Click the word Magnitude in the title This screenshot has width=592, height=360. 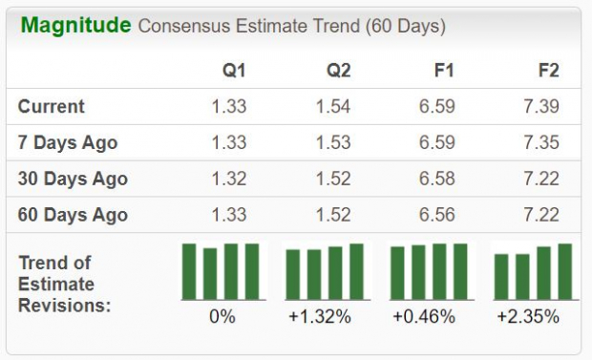pyautogui.click(x=75, y=25)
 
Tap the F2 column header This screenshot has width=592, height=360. pyautogui.click(x=548, y=71)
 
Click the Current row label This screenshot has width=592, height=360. pyautogui.click(x=52, y=107)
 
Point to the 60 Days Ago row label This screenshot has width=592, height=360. pyautogui.click(x=73, y=215)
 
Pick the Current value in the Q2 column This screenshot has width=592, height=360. pyautogui.click(x=334, y=107)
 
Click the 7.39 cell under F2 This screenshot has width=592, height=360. pyautogui.click(x=541, y=107)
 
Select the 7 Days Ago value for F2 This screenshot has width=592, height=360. pyautogui.click(x=541, y=143)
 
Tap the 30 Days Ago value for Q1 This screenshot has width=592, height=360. pyautogui.click(x=229, y=179)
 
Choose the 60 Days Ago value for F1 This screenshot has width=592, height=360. pyautogui.click(x=437, y=215)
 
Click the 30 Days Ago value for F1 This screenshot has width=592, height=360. pyautogui.click(x=437, y=179)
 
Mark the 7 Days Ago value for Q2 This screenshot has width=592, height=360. pyautogui.click(x=334, y=143)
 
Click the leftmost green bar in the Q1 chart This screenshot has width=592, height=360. pyautogui.click(x=189, y=271)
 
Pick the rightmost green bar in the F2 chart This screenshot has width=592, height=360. pyautogui.click(x=564, y=271)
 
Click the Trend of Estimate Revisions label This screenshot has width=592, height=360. pyautogui.click(x=64, y=284)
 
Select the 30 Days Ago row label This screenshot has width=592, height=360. pyautogui.click(x=73, y=179)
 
